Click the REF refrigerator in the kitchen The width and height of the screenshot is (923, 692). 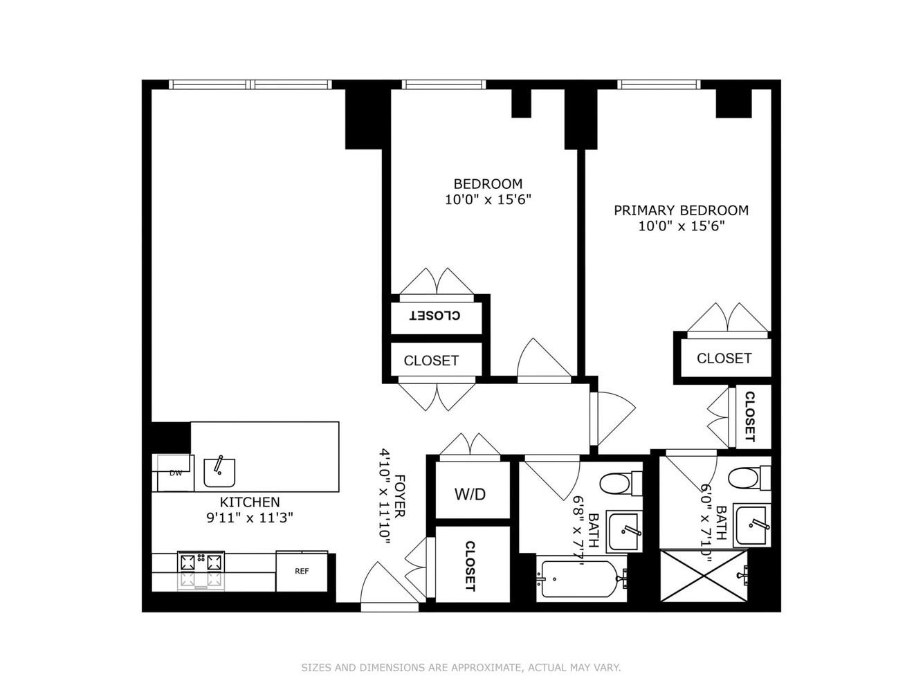tap(302, 572)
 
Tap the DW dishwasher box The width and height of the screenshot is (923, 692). tap(175, 473)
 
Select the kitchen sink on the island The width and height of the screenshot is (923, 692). tap(219, 472)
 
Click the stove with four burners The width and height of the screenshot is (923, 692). tap(201, 570)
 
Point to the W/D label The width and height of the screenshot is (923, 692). tap(470, 494)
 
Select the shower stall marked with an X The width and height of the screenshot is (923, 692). tap(704, 576)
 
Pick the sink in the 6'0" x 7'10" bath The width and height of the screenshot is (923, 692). tap(751, 525)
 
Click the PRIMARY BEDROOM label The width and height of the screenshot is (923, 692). tap(681, 210)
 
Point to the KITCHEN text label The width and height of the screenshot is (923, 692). tap(250, 502)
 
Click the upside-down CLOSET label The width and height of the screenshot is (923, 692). tap(435, 316)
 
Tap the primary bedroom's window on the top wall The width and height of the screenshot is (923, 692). tap(659, 84)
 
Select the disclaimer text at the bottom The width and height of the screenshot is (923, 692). tap(461, 668)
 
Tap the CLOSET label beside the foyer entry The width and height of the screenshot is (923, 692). tap(470, 566)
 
